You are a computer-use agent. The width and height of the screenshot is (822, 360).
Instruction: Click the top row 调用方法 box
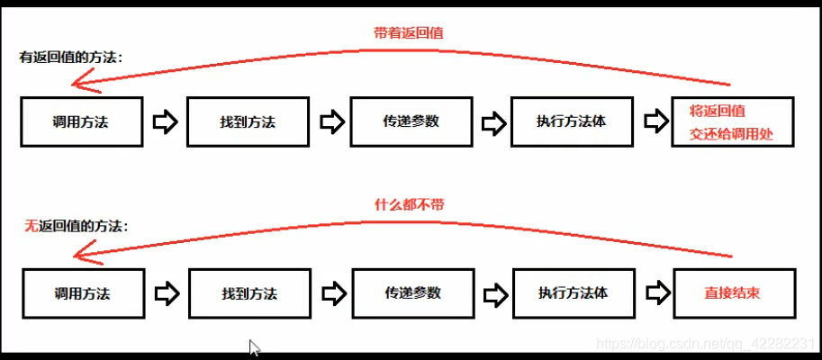pyautogui.click(x=81, y=121)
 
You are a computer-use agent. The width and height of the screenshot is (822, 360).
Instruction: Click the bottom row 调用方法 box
pyautogui.click(x=84, y=292)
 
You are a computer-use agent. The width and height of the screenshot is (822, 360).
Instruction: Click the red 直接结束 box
pyautogui.click(x=734, y=293)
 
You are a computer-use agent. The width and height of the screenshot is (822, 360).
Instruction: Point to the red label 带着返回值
pyautogui.click(x=408, y=32)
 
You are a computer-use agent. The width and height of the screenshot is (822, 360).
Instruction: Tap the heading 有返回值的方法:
pyautogui.click(x=71, y=58)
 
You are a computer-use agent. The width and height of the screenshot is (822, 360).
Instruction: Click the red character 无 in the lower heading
pyautogui.click(x=30, y=227)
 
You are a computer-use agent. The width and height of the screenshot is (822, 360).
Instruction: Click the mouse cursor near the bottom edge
pyautogui.click(x=255, y=347)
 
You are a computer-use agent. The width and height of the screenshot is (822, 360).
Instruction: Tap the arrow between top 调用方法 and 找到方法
pyautogui.click(x=165, y=121)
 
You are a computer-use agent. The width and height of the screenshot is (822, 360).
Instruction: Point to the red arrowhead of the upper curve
pyautogui.click(x=86, y=84)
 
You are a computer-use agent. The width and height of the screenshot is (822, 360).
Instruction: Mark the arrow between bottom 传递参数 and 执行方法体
pyautogui.click(x=494, y=293)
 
